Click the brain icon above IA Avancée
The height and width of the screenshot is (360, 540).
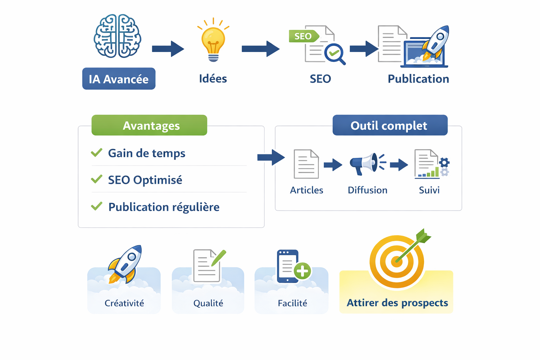[117, 36]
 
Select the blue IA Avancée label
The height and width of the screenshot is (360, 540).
[119, 79]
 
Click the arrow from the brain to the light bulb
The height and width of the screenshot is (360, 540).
[168, 49]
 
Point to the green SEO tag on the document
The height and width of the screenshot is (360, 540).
[303, 36]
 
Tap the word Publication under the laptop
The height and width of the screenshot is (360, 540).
[418, 79]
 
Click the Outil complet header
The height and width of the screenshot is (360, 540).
[390, 125]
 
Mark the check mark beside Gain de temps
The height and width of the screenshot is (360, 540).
[96, 153]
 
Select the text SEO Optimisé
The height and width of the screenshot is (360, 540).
[145, 180]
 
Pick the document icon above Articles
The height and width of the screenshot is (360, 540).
[306, 164]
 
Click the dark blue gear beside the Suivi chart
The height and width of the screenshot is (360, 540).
[444, 162]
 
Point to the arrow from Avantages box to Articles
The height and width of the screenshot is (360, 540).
[271, 157]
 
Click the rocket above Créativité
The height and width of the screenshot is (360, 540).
[126, 263]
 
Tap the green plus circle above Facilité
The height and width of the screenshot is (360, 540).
[302, 271]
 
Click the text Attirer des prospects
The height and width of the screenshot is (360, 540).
[397, 303]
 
